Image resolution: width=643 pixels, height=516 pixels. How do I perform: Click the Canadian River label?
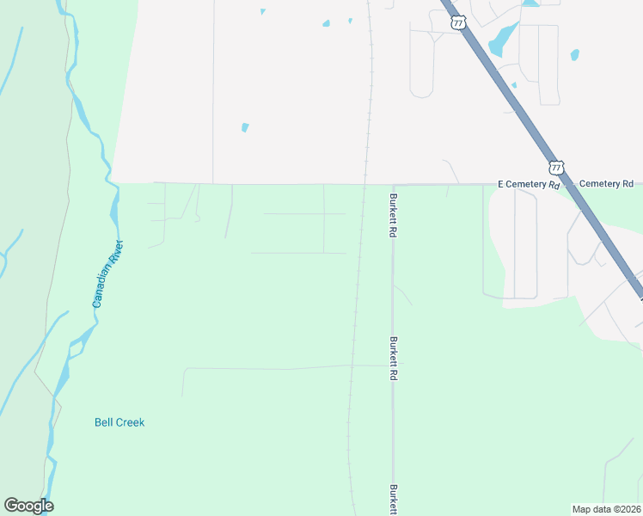pyautogui.click(x=108, y=274)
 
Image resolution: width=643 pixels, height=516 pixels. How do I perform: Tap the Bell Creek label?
pyautogui.click(x=119, y=422)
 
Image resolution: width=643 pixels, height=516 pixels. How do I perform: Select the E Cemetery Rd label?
pyautogui.click(x=529, y=184)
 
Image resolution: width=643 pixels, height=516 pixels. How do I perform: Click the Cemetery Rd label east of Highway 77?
pyautogui.click(x=606, y=184)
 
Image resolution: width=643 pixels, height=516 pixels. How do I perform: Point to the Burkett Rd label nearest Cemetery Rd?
pyautogui.click(x=393, y=216)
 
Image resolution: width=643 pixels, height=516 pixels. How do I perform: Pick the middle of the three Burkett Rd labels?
pyautogui.click(x=393, y=359)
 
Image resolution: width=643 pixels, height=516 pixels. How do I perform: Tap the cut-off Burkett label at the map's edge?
pyautogui.click(x=393, y=500)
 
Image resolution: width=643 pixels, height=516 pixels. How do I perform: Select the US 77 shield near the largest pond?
pyautogui.click(x=458, y=23)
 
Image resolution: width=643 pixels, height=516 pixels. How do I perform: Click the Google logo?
pyautogui.click(x=28, y=506)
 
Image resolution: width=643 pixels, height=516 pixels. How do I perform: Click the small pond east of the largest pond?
pyautogui.click(x=574, y=55)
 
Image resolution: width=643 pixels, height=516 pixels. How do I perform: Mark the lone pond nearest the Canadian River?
pyautogui.click(x=245, y=127)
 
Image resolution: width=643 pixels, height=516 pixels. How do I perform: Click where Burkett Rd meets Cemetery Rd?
pyautogui.click(x=393, y=185)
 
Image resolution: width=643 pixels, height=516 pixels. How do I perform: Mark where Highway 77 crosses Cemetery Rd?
pyautogui.click(x=570, y=183)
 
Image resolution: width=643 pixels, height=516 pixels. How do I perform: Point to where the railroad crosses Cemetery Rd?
pyautogui.click(x=365, y=184)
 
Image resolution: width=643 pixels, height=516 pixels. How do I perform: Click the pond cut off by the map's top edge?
pyautogui.click(x=530, y=3)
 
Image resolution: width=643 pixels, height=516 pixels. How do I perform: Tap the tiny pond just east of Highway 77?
pyautogui.click(x=514, y=85)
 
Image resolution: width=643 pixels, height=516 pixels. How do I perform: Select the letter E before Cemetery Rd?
pyautogui.click(x=501, y=184)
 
